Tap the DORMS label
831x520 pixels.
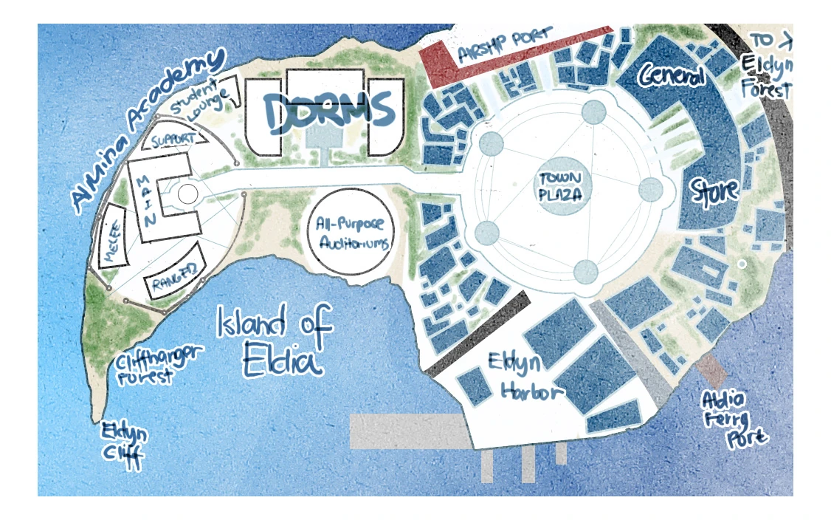[x=329, y=113]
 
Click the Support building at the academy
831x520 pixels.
[x=174, y=139]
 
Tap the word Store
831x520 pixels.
[x=714, y=191]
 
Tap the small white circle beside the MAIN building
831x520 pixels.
[x=188, y=195]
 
